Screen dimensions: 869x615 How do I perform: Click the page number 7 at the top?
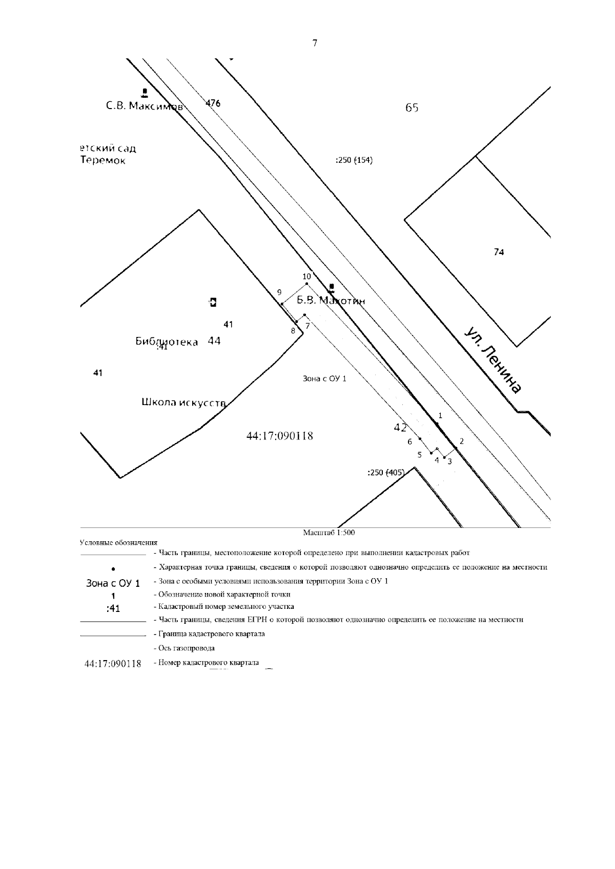tap(315, 44)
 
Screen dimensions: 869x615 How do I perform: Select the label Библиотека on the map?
tap(167, 342)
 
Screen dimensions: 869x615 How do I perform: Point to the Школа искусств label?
tap(184, 403)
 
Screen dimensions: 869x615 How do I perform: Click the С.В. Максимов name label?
tap(145, 107)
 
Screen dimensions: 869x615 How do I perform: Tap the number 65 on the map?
tap(412, 108)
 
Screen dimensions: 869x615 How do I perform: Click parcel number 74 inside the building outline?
tap(499, 252)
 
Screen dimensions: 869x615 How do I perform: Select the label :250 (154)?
tap(354, 160)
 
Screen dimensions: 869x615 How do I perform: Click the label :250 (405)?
tap(386, 473)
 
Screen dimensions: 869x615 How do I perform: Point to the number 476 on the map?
tap(213, 103)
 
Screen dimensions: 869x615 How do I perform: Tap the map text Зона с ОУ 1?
tap(324, 379)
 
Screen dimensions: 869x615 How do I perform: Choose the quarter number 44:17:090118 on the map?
tap(280, 436)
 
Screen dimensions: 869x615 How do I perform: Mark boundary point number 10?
tap(306, 276)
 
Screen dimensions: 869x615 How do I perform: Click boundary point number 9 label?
tap(279, 292)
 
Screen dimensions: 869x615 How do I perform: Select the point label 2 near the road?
tap(462, 441)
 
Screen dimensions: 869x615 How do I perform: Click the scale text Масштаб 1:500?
tap(329, 533)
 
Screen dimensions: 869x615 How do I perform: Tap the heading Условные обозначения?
tap(118, 543)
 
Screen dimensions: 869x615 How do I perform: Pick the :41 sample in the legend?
tap(113, 608)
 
